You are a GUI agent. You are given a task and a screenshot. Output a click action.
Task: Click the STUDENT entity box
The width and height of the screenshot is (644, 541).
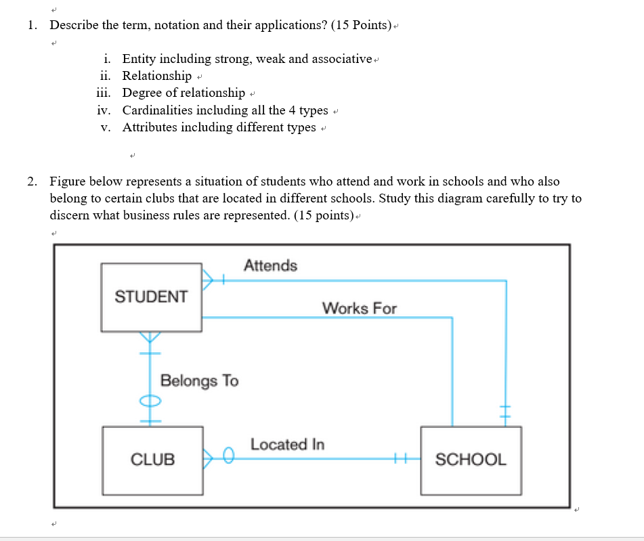coord(151,297)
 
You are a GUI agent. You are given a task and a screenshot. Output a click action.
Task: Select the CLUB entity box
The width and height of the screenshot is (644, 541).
coord(152,460)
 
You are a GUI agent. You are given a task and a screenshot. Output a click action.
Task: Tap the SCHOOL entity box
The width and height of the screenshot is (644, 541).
coord(471,460)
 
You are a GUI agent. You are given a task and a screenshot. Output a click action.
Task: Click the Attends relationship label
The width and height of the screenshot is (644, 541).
coord(270,265)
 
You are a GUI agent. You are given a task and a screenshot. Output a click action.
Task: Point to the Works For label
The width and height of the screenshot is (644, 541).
coord(359,308)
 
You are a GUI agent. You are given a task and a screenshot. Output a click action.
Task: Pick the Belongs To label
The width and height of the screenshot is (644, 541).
coord(199,381)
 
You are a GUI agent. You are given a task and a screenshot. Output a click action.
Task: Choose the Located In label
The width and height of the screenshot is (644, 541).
coord(287,444)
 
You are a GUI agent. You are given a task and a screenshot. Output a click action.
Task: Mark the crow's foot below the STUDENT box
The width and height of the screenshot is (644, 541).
coord(150,337)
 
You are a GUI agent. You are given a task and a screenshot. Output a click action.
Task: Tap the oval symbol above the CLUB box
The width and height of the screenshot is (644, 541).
coord(150,401)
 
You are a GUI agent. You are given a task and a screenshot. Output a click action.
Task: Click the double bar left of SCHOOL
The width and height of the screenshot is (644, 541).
coord(400,459)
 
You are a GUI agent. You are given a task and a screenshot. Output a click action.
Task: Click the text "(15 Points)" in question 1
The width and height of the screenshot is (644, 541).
coord(362,26)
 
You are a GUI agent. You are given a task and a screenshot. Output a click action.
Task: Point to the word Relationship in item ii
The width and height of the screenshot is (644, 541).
coord(157,76)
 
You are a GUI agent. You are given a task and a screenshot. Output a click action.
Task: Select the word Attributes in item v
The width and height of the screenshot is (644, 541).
coord(150,127)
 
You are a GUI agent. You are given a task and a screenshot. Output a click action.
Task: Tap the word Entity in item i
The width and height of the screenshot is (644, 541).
coord(139,59)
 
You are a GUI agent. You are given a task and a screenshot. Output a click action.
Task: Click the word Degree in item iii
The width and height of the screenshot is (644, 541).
coord(142,93)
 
